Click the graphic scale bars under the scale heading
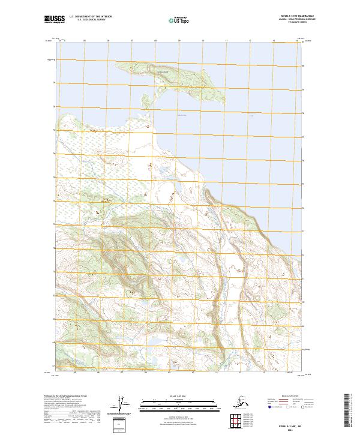[179, 402]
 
